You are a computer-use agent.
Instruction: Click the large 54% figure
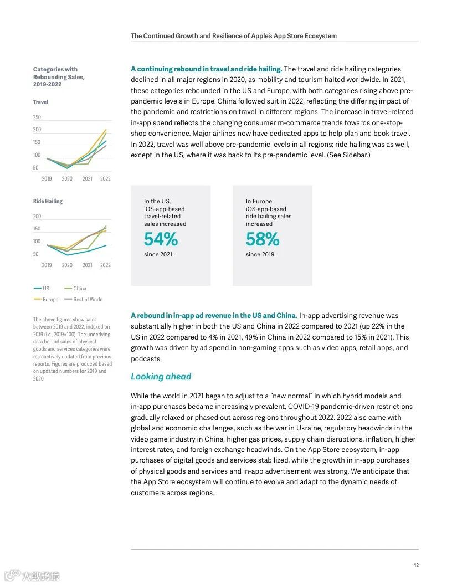point(161,239)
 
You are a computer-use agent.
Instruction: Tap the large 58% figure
point(263,239)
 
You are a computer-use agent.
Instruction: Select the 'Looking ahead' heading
point(161,377)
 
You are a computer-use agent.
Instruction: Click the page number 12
point(416,565)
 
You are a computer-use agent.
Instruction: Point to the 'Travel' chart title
point(40,102)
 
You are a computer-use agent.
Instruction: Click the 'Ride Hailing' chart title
point(48,201)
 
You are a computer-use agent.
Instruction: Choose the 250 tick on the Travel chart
point(37,117)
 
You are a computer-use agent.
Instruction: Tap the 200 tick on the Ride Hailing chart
point(37,217)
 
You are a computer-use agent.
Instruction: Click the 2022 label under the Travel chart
point(105,179)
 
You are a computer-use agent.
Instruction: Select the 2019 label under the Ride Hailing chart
point(47,265)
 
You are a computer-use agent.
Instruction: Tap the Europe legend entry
point(50,300)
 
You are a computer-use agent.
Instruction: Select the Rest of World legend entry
point(88,300)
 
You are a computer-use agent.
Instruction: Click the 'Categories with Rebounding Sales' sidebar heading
point(59,77)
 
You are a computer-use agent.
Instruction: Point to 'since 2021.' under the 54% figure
point(158,255)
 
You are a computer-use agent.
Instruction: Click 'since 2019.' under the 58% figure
point(260,255)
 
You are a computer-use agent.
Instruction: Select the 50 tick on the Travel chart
point(35,168)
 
